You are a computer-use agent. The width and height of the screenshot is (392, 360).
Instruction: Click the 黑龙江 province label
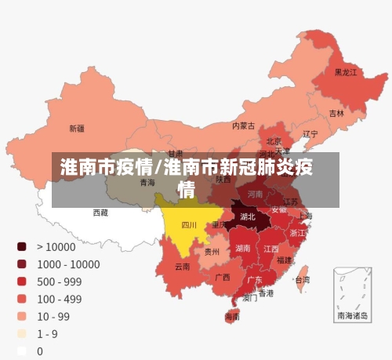(346, 72)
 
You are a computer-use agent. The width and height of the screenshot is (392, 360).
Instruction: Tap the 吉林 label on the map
(336, 113)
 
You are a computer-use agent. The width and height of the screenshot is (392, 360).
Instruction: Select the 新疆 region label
(77, 128)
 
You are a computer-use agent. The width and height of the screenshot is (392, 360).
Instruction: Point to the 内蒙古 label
(243, 125)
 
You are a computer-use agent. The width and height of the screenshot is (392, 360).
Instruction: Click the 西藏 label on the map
(100, 212)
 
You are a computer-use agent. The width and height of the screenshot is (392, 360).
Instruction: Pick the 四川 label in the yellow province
(189, 224)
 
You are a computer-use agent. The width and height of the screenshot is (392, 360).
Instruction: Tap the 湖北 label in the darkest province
(248, 216)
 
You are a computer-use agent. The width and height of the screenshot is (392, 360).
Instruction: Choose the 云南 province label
(182, 266)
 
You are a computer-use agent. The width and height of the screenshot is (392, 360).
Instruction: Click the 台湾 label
(301, 278)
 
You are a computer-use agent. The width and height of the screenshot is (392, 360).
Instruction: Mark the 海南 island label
(233, 317)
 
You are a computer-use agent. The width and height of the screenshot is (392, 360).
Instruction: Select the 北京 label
(274, 142)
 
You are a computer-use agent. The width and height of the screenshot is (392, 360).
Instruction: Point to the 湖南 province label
(243, 248)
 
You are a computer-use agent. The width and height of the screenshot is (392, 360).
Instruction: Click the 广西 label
(223, 277)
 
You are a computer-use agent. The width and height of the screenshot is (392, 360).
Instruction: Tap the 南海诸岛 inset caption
(352, 315)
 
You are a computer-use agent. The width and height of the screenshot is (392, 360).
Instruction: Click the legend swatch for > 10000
(22, 246)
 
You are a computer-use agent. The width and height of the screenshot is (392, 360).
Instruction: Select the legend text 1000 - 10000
(67, 264)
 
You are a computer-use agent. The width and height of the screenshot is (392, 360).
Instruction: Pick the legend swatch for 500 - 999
(22, 281)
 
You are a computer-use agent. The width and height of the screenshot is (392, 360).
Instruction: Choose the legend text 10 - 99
(53, 316)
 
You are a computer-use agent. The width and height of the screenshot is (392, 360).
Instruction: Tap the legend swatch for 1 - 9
(22, 333)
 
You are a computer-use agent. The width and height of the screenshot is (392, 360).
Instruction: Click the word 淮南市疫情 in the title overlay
(107, 167)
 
